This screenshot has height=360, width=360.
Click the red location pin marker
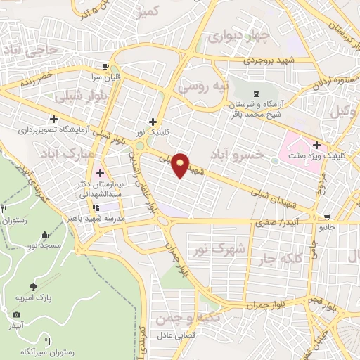[181, 165]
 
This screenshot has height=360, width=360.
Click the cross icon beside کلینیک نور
[153, 122]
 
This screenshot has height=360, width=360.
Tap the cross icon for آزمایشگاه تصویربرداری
[54, 118]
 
